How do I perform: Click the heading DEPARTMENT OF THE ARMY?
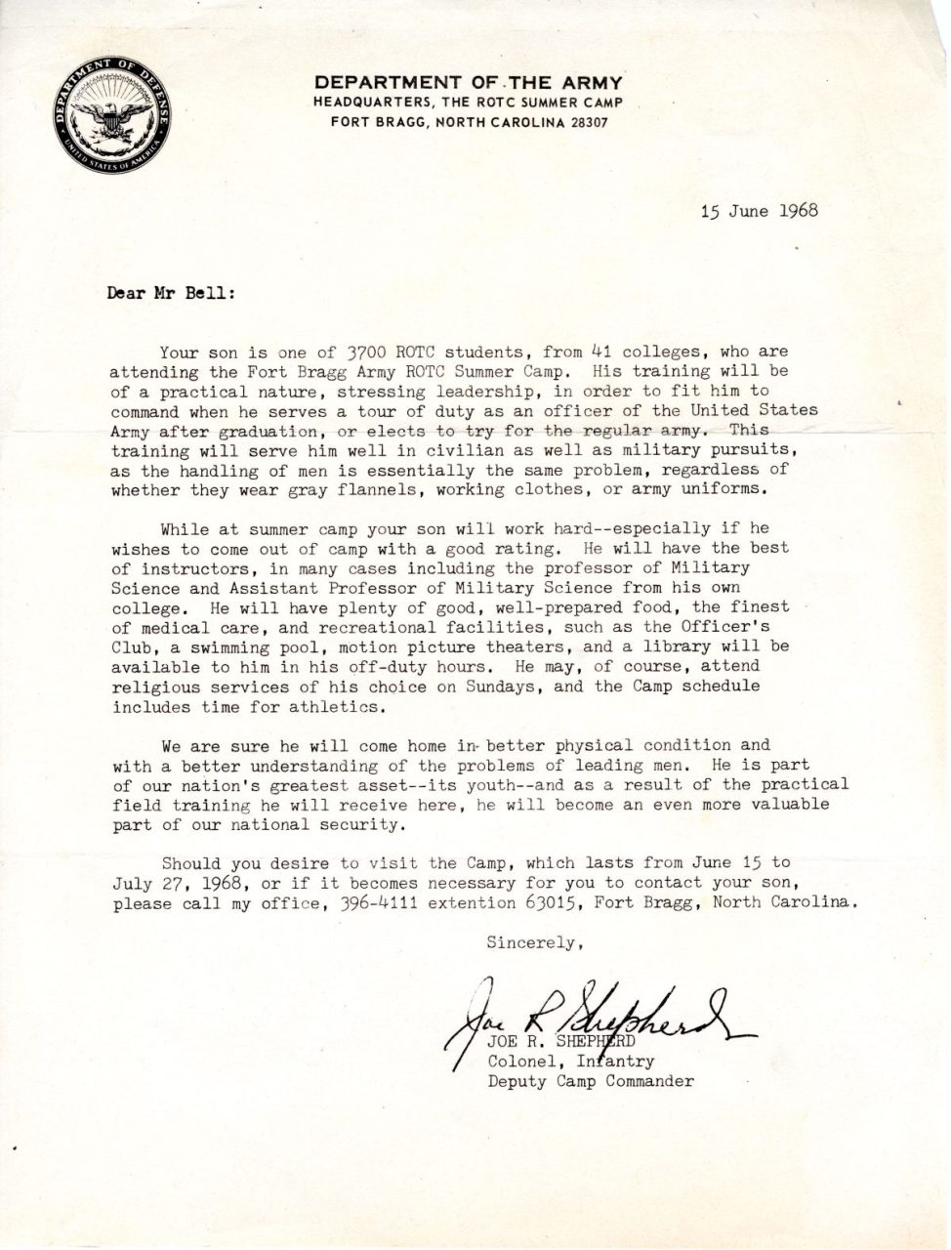coord(468,82)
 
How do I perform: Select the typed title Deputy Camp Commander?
coord(591,1081)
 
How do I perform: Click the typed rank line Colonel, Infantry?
coord(570,1062)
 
